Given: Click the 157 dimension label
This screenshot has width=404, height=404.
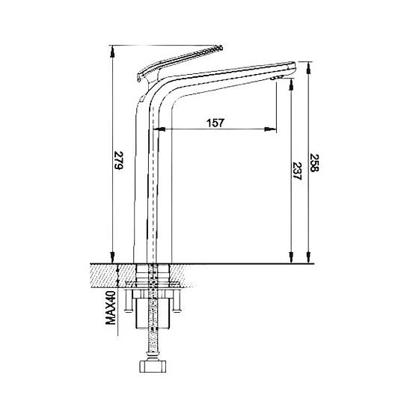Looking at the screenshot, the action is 215,123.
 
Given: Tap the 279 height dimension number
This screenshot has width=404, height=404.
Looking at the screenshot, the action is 118,160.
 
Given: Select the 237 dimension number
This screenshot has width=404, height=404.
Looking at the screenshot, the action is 297,171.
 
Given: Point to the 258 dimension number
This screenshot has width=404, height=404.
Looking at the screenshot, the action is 314,163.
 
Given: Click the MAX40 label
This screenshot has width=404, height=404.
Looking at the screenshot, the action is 111,308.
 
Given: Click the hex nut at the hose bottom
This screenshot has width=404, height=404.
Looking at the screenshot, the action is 153,367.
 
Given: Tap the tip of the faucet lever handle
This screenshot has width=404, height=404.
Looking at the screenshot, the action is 220,47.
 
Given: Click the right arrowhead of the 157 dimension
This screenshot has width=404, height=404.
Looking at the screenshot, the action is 271,129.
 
